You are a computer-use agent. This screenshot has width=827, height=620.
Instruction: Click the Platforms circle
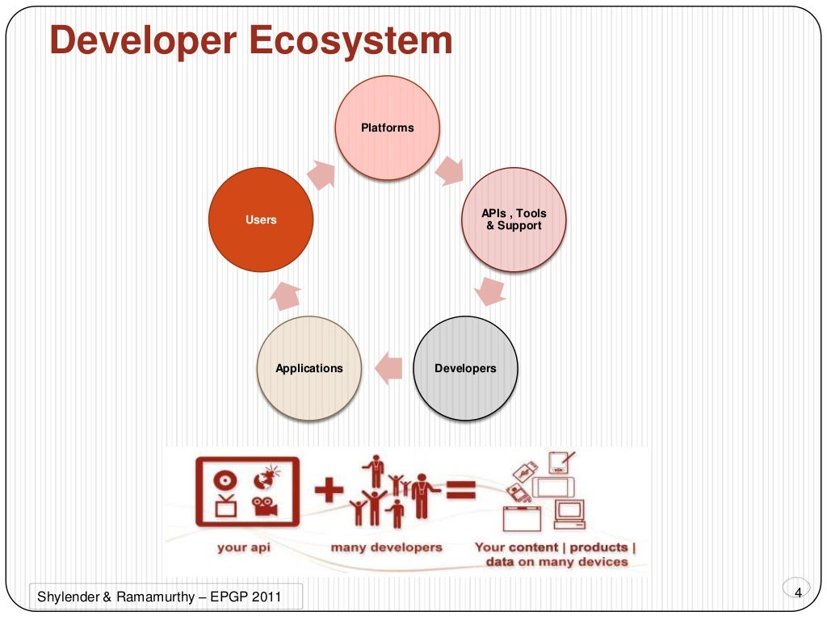pyautogui.click(x=388, y=128)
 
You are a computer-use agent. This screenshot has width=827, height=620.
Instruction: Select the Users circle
pyautogui.click(x=261, y=220)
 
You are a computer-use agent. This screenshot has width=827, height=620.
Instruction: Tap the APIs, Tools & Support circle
pyautogui.click(x=514, y=220)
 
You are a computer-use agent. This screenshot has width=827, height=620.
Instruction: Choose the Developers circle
pyautogui.click(x=465, y=368)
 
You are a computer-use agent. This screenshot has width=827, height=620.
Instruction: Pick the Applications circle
pyautogui.click(x=309, y=368)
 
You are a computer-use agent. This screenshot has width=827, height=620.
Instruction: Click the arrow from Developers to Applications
pyautogui.click(x=388, y=368)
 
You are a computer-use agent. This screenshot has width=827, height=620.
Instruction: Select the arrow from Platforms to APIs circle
pyautogui.click(x=450, y=170)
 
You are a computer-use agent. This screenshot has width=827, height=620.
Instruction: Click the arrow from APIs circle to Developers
pyautogui.click(x=490, y=291)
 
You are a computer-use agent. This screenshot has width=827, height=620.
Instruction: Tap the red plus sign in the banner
pyautogui.click(x=329, y=492)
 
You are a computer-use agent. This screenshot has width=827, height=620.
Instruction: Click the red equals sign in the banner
pyautogui.click(x=460, y=490)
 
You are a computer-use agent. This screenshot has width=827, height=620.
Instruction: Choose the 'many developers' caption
pyautogui.click(x=386, y=547)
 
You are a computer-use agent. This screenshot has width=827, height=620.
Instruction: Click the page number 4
pyautogui.click(x=798, y=593)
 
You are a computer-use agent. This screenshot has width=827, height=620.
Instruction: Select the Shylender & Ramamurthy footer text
pyautogui.click(x=159, y=597)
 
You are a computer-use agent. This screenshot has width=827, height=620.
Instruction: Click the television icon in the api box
pyautogui.click(x=224, y=508)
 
